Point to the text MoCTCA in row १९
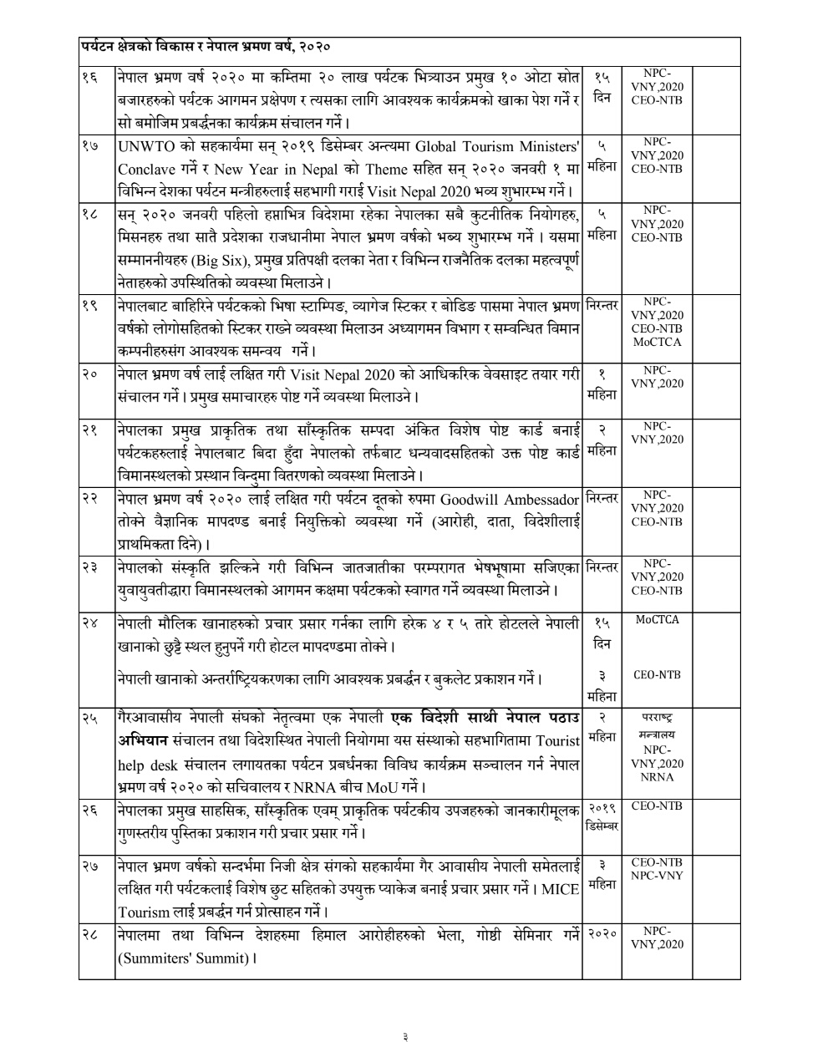(657, 343)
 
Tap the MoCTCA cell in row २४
(657, 620)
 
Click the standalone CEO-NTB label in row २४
(657, 675)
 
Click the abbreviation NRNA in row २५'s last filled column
(657, 778)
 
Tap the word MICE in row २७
(560, 888)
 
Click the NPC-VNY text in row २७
(657, 876)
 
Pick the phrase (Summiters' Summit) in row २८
(184, 958)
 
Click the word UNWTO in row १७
(146, 145)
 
